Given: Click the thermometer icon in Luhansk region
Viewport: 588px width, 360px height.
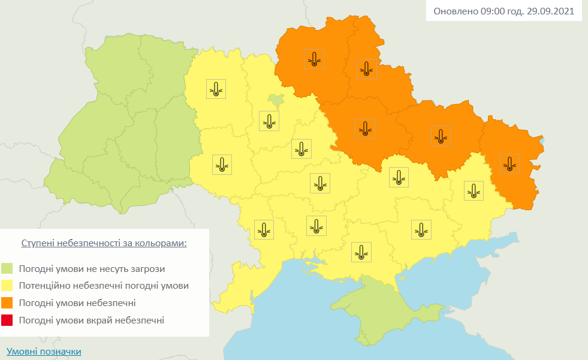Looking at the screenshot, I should [509, 164].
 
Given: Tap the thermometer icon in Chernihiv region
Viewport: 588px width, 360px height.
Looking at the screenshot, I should [314, 59].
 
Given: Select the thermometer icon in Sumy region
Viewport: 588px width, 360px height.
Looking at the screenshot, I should [367, 69].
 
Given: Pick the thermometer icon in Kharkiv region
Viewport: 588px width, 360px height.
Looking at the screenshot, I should [441, 137].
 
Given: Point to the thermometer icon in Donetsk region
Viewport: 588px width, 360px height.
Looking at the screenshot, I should [474, 190].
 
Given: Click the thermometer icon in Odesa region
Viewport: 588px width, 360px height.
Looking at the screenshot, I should [264, 229].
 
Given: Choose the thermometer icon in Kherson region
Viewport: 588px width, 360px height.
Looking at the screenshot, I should [361, 252].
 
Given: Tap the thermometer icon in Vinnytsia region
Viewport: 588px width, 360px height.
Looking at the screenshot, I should [222, 164].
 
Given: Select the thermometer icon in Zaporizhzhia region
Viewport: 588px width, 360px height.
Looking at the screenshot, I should [421, 229].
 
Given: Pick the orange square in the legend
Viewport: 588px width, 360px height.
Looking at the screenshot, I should [7, 303].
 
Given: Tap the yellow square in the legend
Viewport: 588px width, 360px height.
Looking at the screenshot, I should [7, 286].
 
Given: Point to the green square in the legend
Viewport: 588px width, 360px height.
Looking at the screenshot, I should [7, 268].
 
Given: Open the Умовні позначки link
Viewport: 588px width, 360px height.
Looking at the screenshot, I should [44, 352].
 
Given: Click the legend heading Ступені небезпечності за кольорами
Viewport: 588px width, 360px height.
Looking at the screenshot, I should [104, 244].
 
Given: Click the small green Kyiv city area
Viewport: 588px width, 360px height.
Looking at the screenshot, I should [276, 99].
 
